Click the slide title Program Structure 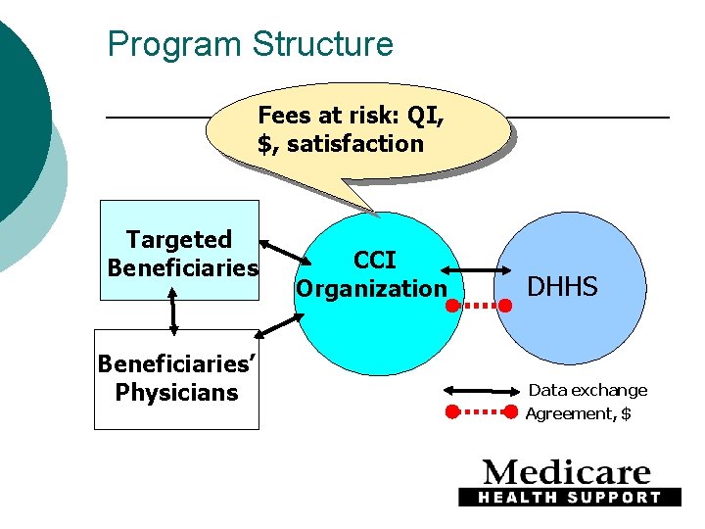click(x=250, y=44)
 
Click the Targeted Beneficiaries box click(x=180, y=252)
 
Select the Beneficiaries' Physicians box click(x=176, y=378)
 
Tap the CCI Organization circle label click(x=373, y=274)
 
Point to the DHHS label click(x=562, y=286)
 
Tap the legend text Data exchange click(x=587, y=390)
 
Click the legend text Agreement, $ click(x=578, y=413)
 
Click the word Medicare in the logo click(x=567, y=473)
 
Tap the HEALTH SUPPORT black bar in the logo click(x=569, y=497)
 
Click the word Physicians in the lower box click(x=176, y=393)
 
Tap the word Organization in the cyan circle click(x=371, y=289)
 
